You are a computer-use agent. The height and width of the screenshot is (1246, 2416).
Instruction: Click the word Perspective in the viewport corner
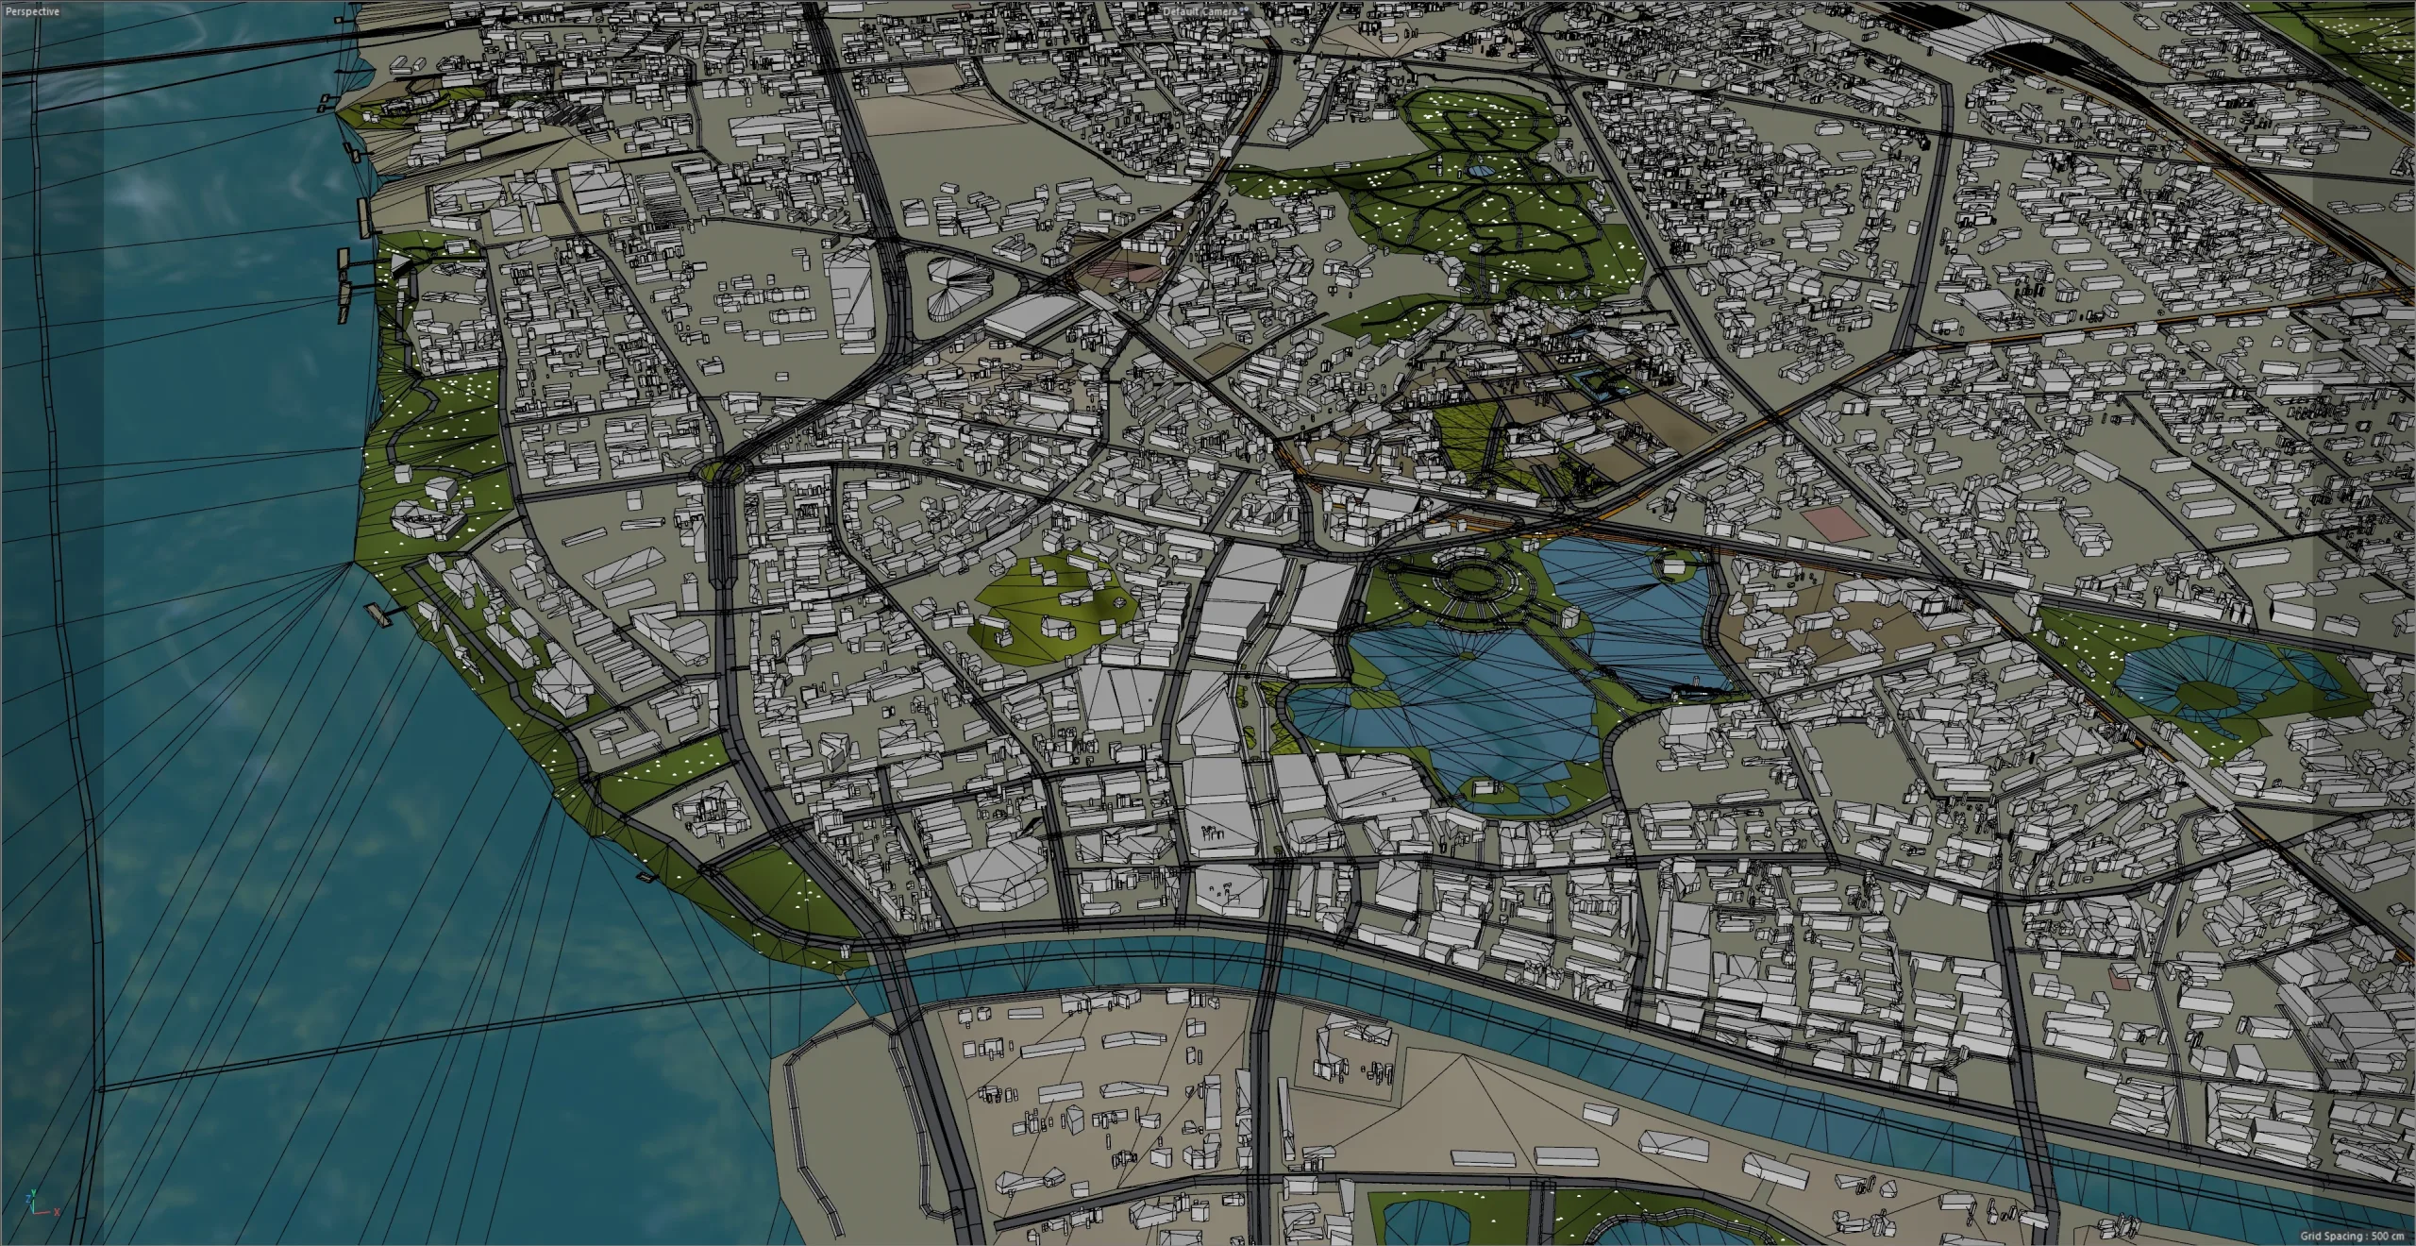click(x=32, y=11)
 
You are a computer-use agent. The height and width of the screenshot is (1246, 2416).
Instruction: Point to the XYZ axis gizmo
click(x=36, y=1203)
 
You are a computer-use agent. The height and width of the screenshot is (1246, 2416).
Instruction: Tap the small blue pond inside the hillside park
click(x=1480, y=171)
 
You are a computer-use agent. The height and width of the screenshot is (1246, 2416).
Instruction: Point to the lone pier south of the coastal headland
click(x=383, y=614)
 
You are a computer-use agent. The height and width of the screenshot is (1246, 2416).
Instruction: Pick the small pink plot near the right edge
click(x=2120, y=982)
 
